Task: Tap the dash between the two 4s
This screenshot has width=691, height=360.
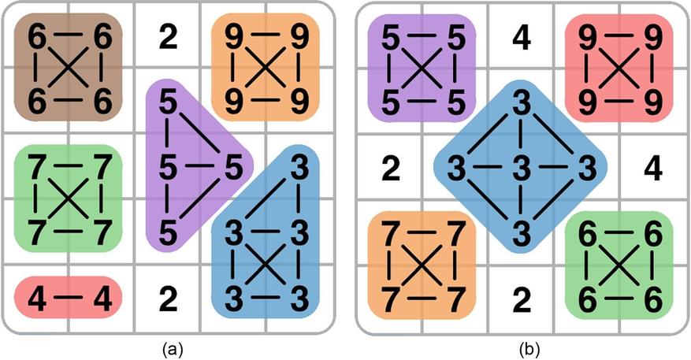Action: click(x=69, y=298)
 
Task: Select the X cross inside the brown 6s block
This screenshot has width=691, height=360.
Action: click(x=68, y=68)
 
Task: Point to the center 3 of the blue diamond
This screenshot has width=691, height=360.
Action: click(x=522, y=168)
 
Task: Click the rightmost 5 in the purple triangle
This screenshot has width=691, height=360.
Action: click(x=232, y=168)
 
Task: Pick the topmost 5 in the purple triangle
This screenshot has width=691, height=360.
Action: click(x=168, y=103)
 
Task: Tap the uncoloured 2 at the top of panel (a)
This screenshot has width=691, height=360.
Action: click(x=168, y=38)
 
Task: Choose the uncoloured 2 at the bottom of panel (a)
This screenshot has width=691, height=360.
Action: click(x=168, y=299)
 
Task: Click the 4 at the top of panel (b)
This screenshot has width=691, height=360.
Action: click(x=522, y=38)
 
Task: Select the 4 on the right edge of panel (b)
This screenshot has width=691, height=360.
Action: click(x=652, y=168)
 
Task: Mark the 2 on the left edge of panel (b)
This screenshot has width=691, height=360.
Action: click(x=391, y=168)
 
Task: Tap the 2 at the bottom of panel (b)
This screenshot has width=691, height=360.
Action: click(x=522, y=299)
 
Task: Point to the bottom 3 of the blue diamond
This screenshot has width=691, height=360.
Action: click(x=522, y=234)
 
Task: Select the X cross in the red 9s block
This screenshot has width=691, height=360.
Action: click(x=619, y=68)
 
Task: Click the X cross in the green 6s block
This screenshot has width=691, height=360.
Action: click(x=619, y=265)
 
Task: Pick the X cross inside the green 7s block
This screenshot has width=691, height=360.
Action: click(x=68, y=199)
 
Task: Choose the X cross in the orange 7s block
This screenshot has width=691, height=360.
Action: click(x=422, y=265)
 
